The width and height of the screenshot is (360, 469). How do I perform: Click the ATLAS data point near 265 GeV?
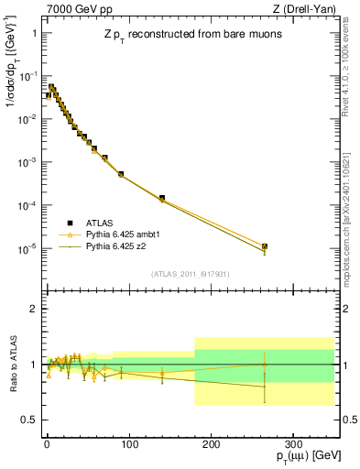[265, 246]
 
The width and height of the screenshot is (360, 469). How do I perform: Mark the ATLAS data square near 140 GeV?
[162, 198]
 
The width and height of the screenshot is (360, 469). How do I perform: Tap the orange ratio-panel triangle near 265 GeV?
[265, 365]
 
